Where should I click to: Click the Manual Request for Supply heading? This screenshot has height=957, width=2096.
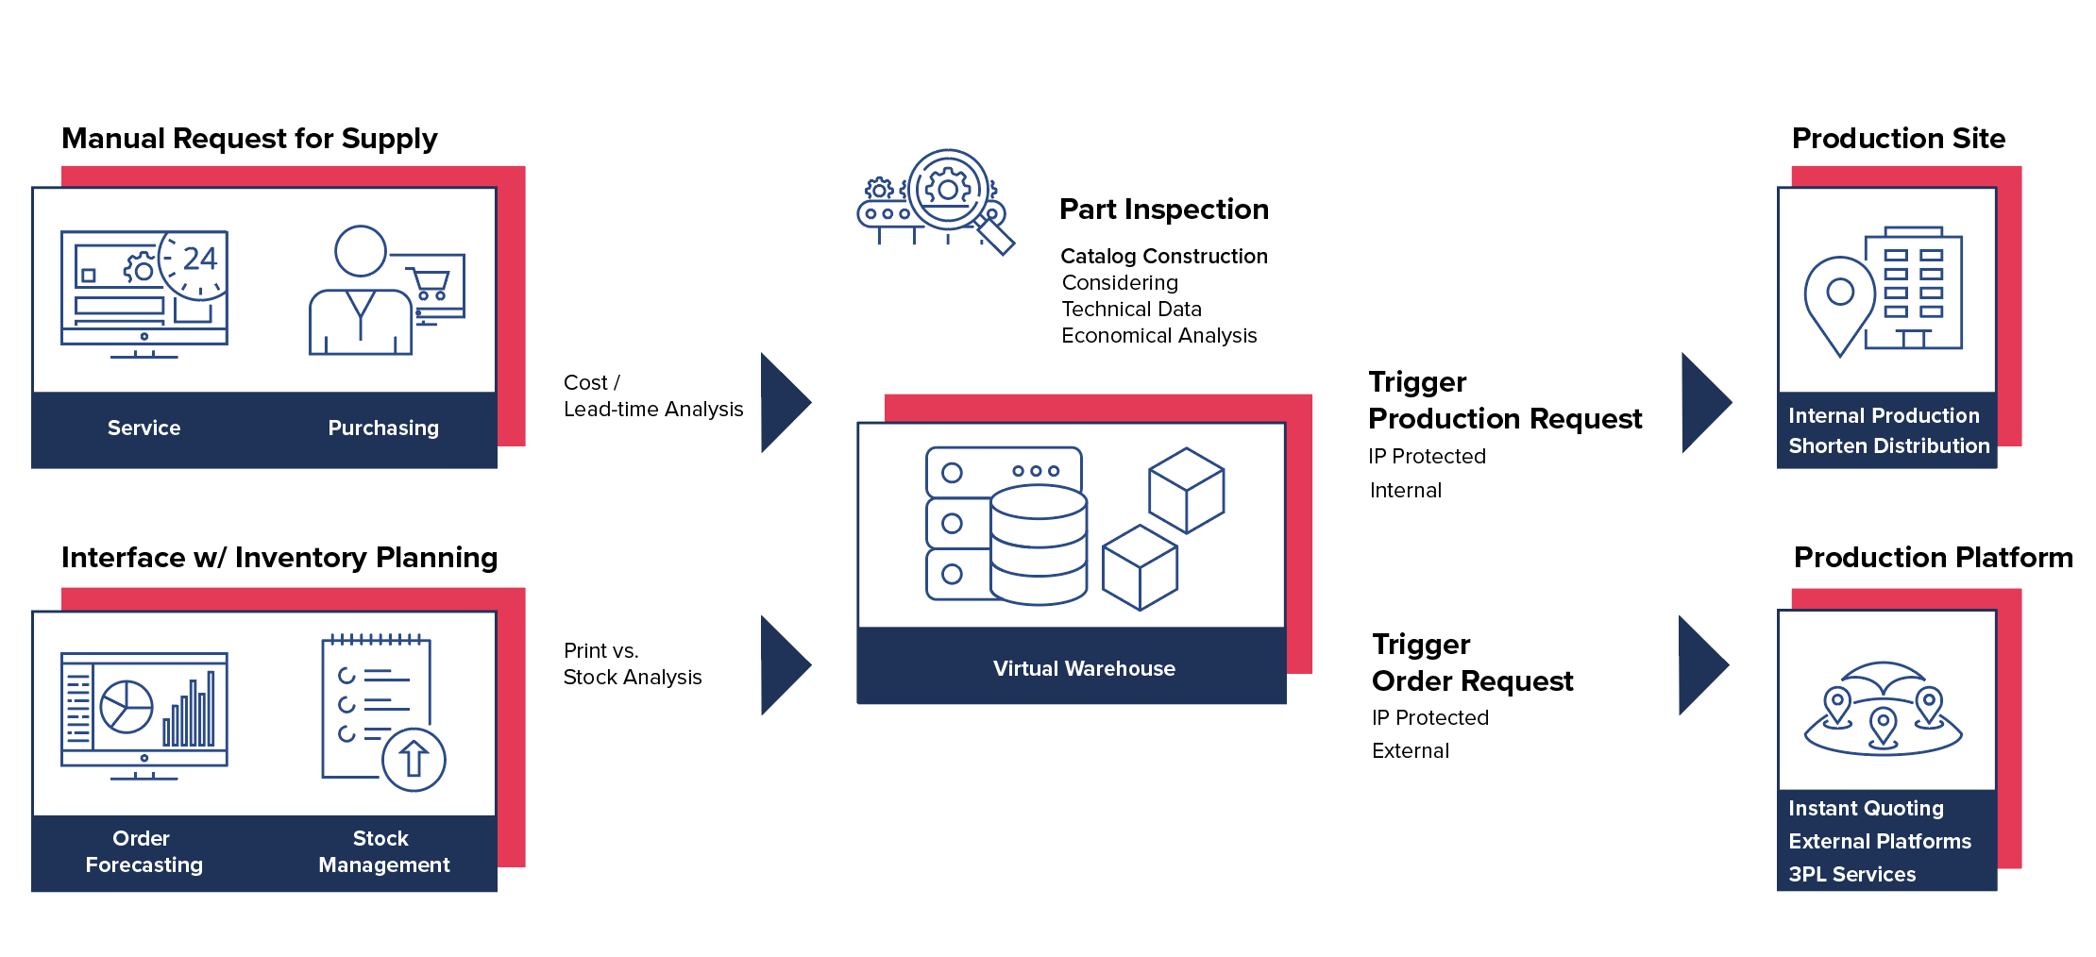click(249, 139)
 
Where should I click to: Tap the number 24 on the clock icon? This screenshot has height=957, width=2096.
click(199, 259)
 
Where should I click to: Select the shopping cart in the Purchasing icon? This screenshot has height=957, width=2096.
click(431, 283)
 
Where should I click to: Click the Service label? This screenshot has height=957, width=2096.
click(144, 428)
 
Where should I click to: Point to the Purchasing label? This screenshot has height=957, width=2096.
click(383, 428)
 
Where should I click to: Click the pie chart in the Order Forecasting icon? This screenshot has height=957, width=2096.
click(127, 706)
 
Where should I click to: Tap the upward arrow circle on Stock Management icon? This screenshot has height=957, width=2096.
click(414, 759)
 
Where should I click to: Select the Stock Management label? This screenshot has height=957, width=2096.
click(383, 851)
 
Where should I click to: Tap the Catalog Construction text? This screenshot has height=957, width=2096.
click(1163, 257)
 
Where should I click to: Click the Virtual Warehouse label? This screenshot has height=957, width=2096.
click(1084, 669)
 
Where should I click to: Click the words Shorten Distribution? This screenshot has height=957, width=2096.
click(1888, 446)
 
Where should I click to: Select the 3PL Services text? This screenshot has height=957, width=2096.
click(1851, 875)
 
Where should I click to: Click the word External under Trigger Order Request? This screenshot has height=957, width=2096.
click(1410, 751)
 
